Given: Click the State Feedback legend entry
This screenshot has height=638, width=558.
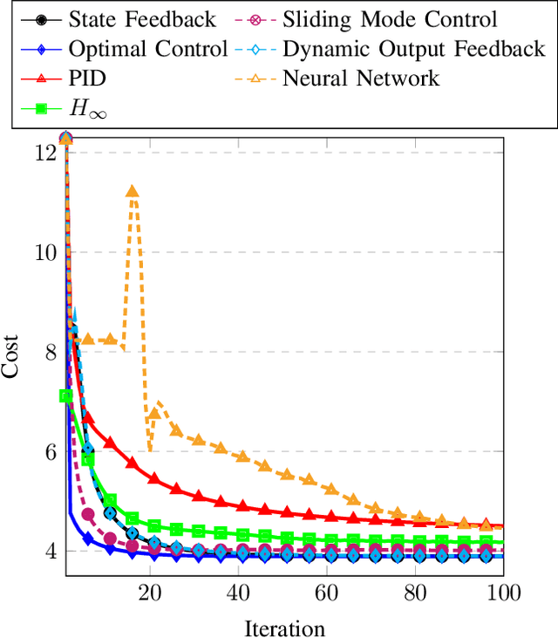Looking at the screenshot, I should click(141, 17).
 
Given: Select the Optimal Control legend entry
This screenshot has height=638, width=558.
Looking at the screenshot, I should click(148, 48).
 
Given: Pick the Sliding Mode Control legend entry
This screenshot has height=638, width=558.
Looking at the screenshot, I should click(389, 17).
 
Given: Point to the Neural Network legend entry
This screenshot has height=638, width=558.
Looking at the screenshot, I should click(361, 79).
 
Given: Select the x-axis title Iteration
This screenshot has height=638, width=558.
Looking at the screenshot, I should click(284, 627).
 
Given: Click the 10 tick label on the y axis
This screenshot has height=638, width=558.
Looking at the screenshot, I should click(46, 252).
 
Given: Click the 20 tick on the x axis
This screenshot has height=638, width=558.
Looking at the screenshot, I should click(150, 593).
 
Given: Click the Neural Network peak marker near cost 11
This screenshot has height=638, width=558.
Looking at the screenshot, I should click(133, 192).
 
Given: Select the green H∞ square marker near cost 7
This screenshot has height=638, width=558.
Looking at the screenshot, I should click(65, 396).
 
